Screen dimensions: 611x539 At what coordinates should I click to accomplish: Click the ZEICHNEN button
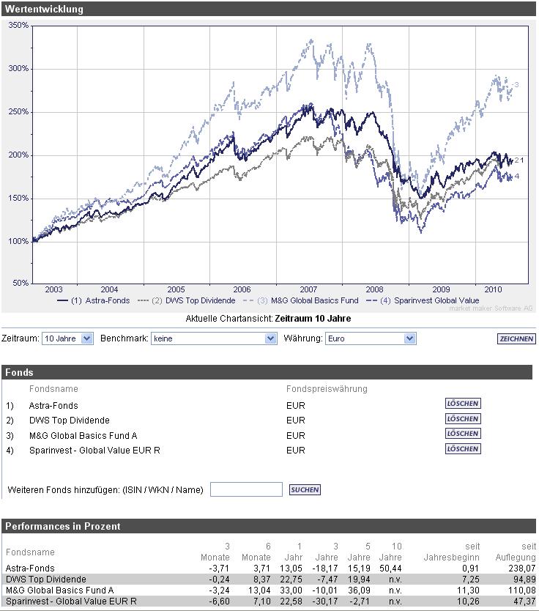[x=516, y=339]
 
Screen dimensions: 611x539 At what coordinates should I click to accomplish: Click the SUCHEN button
[x=305, y=489]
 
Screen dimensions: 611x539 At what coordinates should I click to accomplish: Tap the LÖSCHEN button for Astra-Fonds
[x=463, y=404]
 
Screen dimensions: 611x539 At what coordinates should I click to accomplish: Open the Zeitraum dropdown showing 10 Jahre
[x=67, y=338]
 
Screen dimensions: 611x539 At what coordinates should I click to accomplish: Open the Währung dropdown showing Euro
[x=370, y=338]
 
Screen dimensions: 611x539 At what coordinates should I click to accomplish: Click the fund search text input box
[x=246, y=489]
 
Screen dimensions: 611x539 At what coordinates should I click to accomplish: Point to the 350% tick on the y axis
[x=18, y=25]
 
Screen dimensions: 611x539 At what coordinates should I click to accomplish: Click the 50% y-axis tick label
[x=21, y=282]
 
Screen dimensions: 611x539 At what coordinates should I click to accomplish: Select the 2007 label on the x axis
[x=308, y=289]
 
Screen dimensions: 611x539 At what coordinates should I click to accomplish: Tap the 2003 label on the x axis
[x=53, y=289]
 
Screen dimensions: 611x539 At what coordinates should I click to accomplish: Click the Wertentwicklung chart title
[x=44, y=10]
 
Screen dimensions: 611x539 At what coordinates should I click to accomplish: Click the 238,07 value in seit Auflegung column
[x=521, y=568]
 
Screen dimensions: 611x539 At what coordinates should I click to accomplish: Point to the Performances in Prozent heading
[x=63, y=526]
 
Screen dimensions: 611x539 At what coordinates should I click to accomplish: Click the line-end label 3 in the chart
[x=516, y=85]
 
